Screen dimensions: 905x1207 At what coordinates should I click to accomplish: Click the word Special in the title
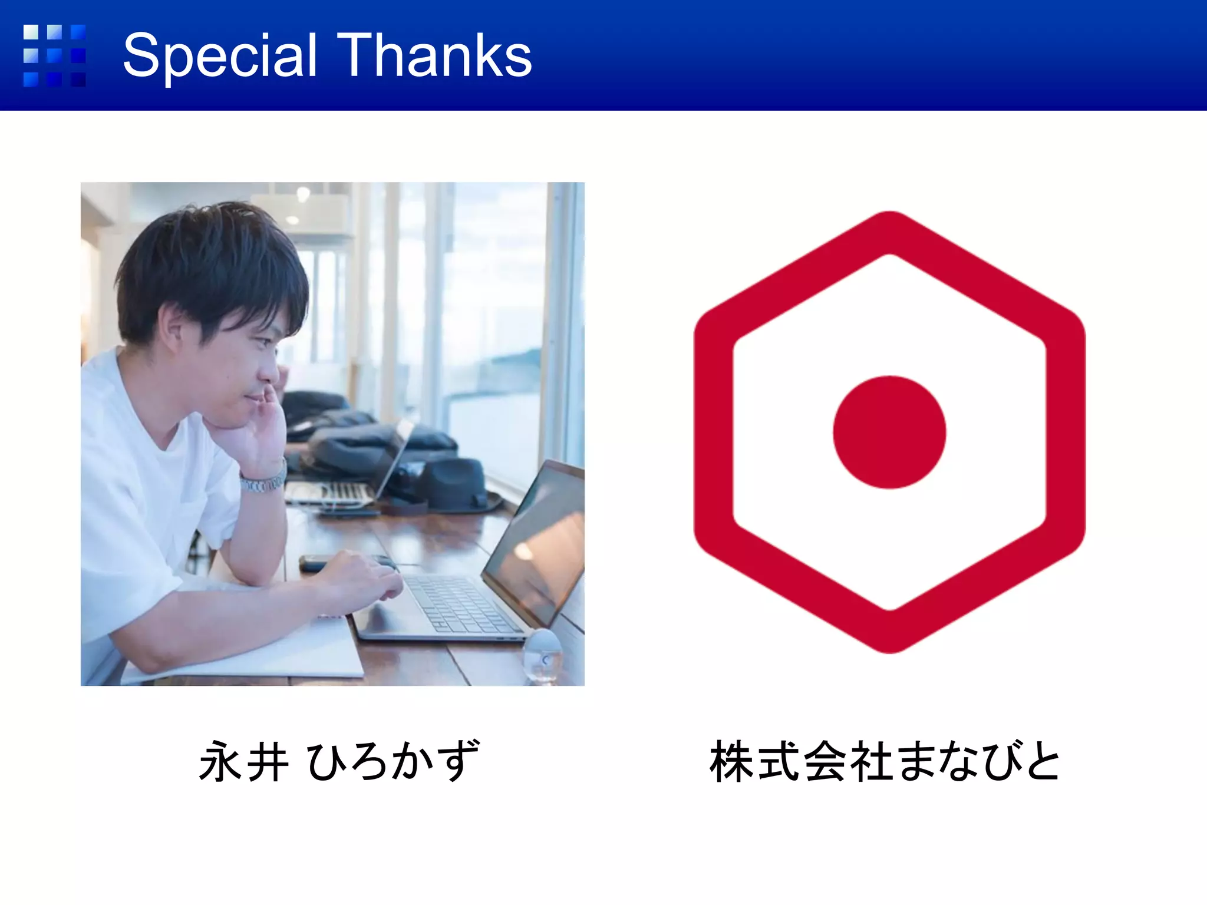point(220,56)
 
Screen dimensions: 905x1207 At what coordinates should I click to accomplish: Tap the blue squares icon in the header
point(54,55)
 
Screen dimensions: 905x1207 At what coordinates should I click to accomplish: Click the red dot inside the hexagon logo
point(889,432)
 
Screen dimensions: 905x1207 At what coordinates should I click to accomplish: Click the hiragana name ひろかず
point(393,762)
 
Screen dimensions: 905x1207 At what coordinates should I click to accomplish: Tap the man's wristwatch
point(263,482)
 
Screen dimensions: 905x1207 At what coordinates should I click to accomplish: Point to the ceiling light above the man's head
point(303,194)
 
